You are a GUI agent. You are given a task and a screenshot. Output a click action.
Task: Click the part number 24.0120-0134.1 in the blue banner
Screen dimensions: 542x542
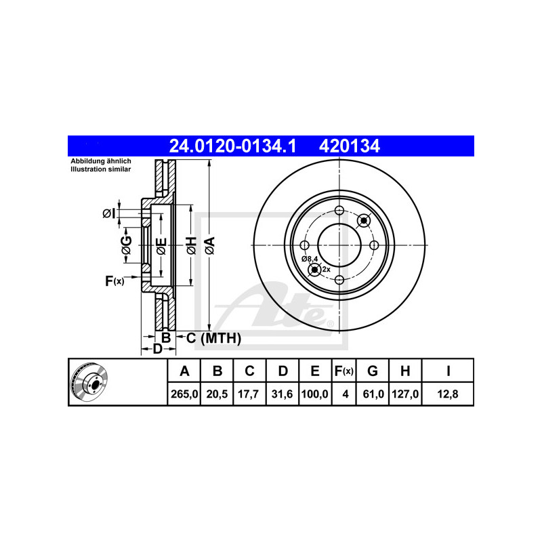pos(232,146)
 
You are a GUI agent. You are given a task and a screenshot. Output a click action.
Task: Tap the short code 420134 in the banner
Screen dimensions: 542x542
pos(349,146)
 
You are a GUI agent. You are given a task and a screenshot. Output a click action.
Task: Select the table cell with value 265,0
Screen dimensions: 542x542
pos(184,394)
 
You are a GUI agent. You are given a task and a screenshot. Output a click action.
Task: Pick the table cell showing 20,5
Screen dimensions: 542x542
pos(217,394)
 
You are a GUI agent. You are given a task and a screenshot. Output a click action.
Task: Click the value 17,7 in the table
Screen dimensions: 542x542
pos(249,394)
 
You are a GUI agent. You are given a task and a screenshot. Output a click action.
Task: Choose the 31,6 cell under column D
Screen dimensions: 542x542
pos(283,394)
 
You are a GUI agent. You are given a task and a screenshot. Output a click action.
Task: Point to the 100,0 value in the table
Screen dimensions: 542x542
pos(315,394)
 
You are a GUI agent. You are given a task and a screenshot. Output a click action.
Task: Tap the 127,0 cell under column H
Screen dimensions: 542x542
pos(405,394)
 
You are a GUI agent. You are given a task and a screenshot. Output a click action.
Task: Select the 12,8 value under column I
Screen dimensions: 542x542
pos(448,394)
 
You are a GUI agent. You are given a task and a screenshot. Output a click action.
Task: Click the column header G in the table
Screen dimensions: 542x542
pos(372,371)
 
